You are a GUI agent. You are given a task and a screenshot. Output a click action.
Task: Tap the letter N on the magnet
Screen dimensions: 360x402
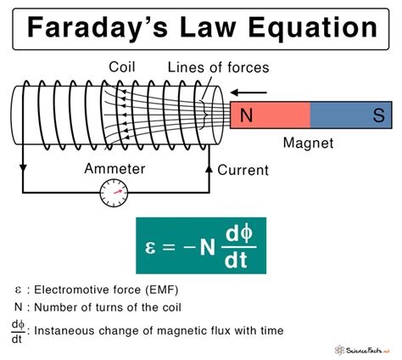pyautogui.click(x=246, y=116)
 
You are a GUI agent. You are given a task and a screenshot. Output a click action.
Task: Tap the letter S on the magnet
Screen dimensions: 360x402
pyautogui.click(x=377, y=116)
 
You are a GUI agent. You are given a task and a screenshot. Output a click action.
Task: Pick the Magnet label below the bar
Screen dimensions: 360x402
pyautogui.click(x=309, y=145)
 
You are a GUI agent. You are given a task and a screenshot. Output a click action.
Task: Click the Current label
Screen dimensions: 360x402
pyautogui.click(x=243, y=171)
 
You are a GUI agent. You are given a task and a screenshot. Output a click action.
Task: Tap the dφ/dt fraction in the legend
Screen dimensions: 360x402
pyautogui.click(x=18, y=330)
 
